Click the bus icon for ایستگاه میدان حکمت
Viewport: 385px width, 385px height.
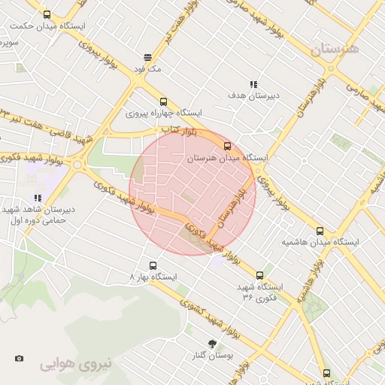click(48, 14)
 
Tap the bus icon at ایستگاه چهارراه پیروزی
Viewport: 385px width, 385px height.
click(163, 102)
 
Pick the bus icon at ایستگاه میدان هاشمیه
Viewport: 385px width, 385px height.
click(320, 231)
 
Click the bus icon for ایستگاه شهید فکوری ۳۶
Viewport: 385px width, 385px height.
click(260, 275)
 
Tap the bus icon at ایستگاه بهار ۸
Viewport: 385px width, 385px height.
click(153, 265)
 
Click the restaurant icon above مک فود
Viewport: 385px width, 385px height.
click(147, 56)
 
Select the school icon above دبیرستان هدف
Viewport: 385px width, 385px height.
click(253, 84)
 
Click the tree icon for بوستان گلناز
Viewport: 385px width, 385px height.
click(214, 343)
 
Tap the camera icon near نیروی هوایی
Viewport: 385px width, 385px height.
click(19, 358)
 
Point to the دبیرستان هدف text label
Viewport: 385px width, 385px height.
click(253, 96)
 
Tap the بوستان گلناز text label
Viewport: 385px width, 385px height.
click(214, 355)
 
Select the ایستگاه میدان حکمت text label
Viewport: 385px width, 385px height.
click(48, 26)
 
